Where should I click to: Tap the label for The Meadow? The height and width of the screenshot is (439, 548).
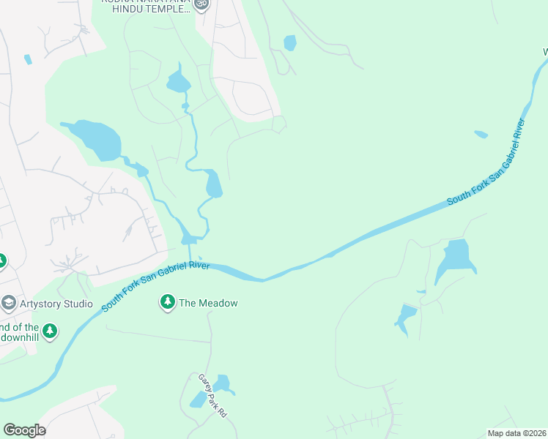click(209, 303)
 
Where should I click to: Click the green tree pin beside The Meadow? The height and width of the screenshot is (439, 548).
click(168, 302)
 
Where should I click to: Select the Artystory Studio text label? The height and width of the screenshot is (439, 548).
click(56, 304)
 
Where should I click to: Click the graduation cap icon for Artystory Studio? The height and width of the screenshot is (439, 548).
click(9, 303)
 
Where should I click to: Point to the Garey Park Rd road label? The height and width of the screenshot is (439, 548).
click(213, 396)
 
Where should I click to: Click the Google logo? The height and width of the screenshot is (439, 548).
click(24, 430)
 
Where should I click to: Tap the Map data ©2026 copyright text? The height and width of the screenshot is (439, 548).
click(516, 433)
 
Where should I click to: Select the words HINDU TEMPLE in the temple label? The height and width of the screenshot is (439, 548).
click(151, 9)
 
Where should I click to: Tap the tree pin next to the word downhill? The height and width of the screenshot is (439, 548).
click(50, 331)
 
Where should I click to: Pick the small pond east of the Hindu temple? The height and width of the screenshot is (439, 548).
click(290, 43)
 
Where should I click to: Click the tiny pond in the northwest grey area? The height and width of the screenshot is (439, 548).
click(28, 59)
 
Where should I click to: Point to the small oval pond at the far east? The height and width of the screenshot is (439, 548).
click(481, 134)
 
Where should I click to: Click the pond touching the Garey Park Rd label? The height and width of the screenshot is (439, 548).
click(221, 383)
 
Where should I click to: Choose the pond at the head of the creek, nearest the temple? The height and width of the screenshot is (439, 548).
click(177, 81)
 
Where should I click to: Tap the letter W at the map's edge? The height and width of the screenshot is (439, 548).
click(544, 52)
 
